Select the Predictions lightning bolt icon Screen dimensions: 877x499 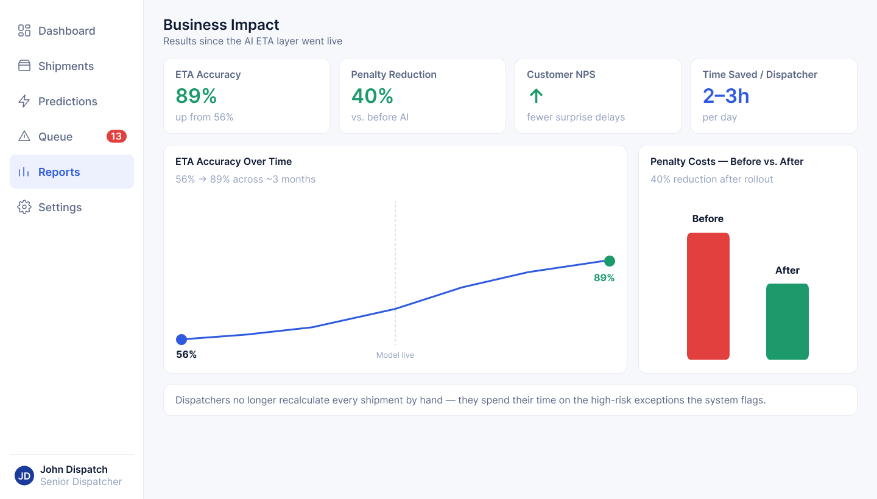[x=24, y=101]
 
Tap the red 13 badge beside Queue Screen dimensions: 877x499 [x=116, y=136]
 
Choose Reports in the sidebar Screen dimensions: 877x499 [x=72, y=172]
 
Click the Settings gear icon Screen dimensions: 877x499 [x=24, y=207]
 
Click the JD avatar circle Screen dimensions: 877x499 [x=24, y=475]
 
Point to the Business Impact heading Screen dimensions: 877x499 [x=221, y=24]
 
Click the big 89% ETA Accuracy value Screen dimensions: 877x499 [x=196, y=96]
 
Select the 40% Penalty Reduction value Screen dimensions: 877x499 [x=372, y=96]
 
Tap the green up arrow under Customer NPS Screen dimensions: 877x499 [x=536, y=96]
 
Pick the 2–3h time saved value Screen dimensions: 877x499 [x=725, y=96]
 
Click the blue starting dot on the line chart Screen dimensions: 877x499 [x=181, y=340]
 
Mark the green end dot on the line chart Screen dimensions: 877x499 [x=610, y=261]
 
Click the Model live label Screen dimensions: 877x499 [x=395, y=355]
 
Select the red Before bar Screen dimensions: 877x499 [x=708, y=296]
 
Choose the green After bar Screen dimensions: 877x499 [x=787, y=321]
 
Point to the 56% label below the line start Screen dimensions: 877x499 [x=186, y=354]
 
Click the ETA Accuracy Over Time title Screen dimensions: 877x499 [x=233, y=161]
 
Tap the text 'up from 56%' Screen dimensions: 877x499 [x=205, y=117]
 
